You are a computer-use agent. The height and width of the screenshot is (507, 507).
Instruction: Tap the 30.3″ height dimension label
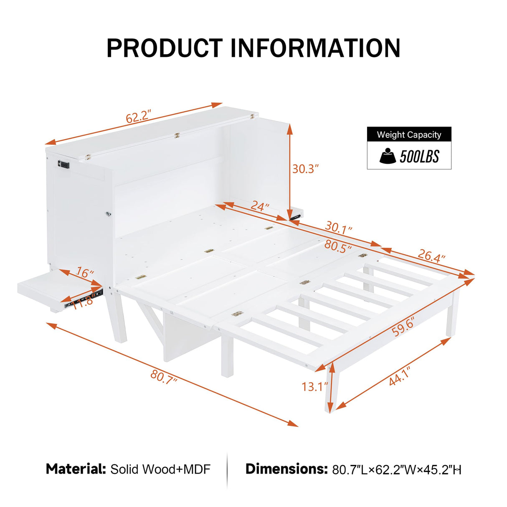click(x=305, y=169)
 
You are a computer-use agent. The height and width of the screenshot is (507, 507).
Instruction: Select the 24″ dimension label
click(x=260, y=206)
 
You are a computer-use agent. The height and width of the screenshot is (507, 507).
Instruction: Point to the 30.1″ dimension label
click(x=339, y=228)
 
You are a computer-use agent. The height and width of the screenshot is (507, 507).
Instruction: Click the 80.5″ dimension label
click(x=337, y=246)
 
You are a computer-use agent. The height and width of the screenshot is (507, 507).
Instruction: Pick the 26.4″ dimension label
click(x=431, y=255)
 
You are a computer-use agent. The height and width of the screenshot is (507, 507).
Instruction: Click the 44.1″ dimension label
click(x=399, y=376)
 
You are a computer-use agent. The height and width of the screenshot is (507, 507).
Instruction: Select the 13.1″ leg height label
click(x=314, y=387)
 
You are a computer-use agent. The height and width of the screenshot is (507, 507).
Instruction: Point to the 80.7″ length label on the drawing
click(x=164, y=376)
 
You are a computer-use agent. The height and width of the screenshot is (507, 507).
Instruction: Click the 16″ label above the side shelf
click(x=85, y=273)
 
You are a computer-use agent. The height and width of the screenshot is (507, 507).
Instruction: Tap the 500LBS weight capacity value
click(x=419, y=157)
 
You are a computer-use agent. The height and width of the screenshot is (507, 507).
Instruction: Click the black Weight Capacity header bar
click(x=409, y=134)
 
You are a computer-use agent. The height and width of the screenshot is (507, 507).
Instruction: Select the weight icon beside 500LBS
click(x=388, y=156)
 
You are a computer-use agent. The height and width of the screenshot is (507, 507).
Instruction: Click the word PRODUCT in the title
click(x=165, y=48)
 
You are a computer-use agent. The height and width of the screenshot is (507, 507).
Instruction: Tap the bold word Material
click(x=76, y=469)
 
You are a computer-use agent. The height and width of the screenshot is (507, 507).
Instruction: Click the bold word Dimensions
click(x=286, y=469)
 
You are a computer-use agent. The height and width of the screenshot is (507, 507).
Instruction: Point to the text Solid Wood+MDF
click(x=160, y=469)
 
